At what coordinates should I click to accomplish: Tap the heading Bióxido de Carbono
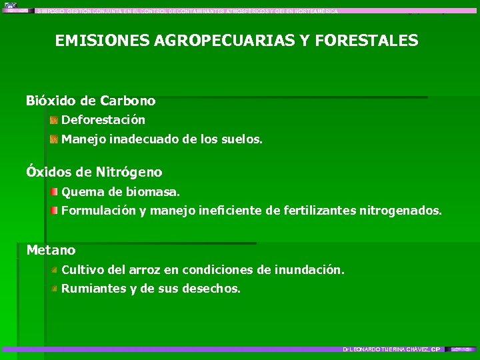91,101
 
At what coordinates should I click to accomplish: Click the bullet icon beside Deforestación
53,120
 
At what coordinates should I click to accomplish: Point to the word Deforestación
103,121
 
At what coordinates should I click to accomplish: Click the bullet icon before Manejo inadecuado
53,139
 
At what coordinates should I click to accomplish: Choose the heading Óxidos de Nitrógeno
94,172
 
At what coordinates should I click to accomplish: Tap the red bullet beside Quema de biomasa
53,192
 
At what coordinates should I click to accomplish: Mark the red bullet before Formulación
53,211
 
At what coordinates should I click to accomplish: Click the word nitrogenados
400,211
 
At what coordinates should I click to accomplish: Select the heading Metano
51,250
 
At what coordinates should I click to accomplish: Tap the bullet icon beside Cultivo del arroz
53,269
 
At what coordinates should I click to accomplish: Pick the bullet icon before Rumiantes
53,289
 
